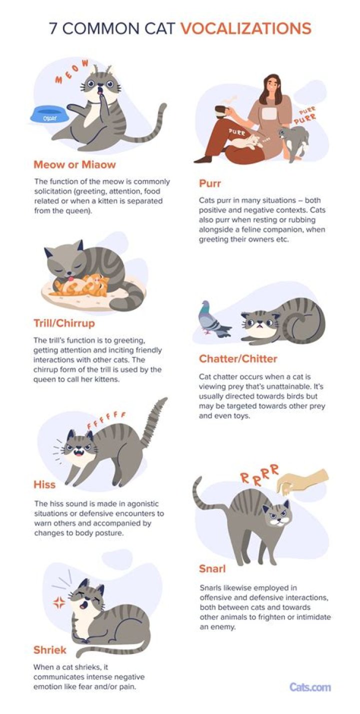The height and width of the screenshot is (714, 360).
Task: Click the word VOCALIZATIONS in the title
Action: coord(246,28)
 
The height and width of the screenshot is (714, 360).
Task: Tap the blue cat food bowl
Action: coord(49,115)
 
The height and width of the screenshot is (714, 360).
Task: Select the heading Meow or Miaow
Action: coord(74,164)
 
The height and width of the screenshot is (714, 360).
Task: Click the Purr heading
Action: coord(210,183)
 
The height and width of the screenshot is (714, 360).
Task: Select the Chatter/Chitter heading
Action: coord(238,358)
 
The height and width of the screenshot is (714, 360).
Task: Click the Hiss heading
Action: coord(44,484)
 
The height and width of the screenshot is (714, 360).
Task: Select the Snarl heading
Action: coord(212,568)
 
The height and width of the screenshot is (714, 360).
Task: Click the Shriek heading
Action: coord(49,649)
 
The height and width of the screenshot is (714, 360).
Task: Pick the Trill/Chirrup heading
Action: coord(64,323)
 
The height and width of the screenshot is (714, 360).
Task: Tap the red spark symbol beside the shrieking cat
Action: coord(58,602)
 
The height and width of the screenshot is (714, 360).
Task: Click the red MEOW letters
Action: coord(71,71)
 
